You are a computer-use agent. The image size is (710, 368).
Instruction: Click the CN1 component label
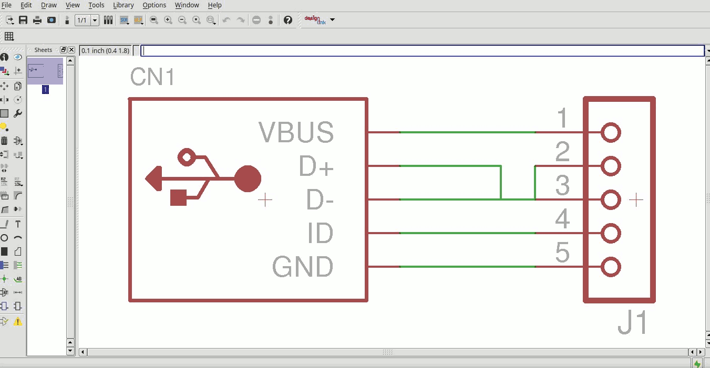[152, 78]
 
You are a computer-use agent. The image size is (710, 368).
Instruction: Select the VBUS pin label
[296, 133]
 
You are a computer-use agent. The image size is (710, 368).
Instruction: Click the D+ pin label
[316, 166]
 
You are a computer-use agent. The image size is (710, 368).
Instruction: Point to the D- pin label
[320, 200]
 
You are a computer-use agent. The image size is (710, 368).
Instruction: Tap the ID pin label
[320, 234]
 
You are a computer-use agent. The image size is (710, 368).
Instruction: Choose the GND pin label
[303, 267]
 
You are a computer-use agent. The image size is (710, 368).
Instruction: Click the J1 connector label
[633, 323]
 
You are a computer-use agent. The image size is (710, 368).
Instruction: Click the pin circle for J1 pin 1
[611, 133]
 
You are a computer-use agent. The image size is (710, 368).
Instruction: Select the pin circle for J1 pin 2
[611, 166]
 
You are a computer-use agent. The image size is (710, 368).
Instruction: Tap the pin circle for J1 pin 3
[611, 200]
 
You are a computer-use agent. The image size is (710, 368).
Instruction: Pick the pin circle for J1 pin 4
[611, 233]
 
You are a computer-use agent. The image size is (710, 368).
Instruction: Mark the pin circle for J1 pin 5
[611, 267]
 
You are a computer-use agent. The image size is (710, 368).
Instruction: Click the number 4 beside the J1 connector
[562, 219]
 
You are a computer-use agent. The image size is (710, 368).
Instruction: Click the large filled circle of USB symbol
[248, 179]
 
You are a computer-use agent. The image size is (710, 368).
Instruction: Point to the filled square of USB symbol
[179, 197]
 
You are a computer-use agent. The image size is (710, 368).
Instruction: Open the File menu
[7, 5]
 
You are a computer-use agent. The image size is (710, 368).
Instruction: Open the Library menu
[124, 5]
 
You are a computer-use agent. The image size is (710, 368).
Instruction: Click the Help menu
[214, 5]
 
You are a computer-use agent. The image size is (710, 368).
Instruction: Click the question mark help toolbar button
[288, 20]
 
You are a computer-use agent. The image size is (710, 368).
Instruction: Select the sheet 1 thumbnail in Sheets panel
[45, 71]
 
